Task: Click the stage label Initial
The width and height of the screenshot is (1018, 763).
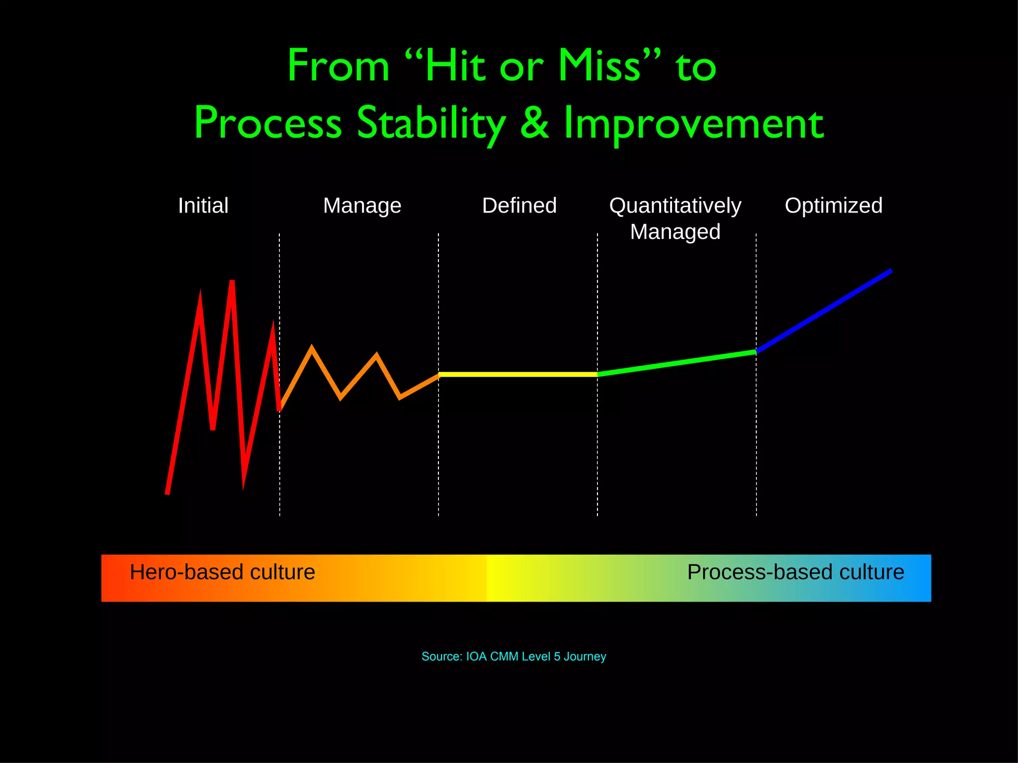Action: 203,206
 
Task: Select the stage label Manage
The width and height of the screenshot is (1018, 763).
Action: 362,206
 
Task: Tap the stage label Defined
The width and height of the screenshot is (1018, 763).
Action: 519,206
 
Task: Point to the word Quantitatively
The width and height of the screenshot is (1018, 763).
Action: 675,206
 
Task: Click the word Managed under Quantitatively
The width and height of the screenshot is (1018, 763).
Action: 675,232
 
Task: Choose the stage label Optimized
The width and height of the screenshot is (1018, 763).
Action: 834,206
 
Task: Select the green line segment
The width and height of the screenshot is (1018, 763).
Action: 676,363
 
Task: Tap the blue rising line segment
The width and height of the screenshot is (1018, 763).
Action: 824,311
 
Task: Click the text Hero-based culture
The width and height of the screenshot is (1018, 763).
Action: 222,572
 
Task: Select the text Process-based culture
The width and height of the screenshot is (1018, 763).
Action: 795,572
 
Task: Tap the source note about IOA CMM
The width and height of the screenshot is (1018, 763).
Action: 513,657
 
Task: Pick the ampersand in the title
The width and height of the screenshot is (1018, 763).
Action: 534,123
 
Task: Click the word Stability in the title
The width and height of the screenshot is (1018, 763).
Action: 431,123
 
